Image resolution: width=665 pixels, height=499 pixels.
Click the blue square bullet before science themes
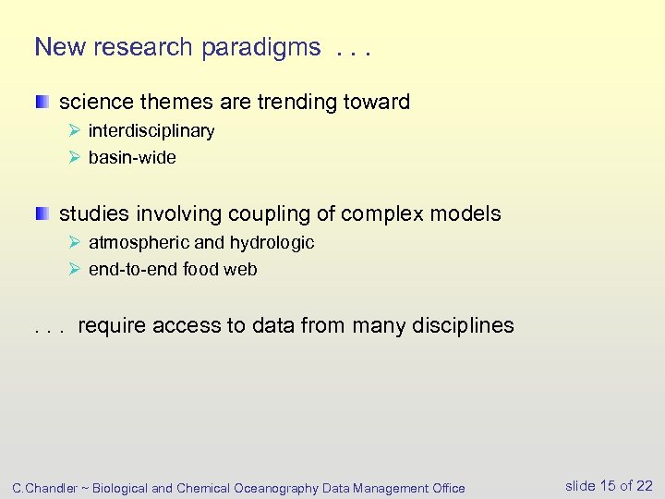tap(43, 102)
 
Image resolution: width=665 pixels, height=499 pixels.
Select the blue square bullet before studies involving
tap(43, 213)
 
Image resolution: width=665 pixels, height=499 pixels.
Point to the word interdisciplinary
tap(151, 130)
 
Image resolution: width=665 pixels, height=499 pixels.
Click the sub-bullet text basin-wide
tap(132, 158)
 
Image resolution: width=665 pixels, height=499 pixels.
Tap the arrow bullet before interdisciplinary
tap(76, 130)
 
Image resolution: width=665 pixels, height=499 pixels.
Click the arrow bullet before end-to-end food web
tap(76, 270)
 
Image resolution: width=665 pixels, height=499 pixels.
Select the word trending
tap(301, 102)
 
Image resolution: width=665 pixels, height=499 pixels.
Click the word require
tap(114, 325)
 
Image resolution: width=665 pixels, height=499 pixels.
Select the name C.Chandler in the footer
tap(47, 488)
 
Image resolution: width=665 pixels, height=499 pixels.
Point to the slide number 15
tap(608, 486)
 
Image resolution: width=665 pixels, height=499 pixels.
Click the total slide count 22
tap(643, 486)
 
